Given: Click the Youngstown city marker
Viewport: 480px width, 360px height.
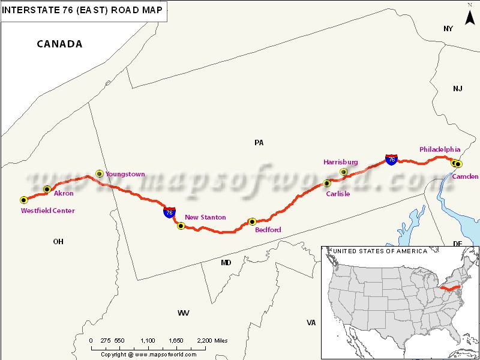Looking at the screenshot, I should point(100,173).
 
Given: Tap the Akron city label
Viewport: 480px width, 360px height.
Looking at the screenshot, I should point(64,194).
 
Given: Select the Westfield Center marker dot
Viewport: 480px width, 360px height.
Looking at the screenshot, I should point(23,200).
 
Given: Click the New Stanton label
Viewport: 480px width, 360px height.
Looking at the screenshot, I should point(205,217).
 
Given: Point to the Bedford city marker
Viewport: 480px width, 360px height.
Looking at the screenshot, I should point(252,222).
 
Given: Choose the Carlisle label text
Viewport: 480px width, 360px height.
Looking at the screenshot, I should point(338,194).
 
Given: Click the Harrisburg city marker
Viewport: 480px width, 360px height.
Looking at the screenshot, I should point(343,172).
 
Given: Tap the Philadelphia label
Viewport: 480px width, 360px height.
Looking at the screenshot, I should point(440,149).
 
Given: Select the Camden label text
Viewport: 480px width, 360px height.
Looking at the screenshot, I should point(465,176).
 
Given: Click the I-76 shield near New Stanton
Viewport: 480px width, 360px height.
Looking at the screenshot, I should point(169,212).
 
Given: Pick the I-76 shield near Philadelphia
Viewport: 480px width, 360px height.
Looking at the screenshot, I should point(391,159).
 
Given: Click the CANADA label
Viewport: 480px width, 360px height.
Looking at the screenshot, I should point(59,44).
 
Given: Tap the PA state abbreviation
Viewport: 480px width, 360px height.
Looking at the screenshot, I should point(259,143).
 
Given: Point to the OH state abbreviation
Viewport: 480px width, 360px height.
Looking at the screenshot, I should point(58,241).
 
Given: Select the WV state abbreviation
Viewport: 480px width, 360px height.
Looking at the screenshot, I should point(183,313).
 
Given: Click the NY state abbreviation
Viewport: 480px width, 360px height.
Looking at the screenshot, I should point(448,29).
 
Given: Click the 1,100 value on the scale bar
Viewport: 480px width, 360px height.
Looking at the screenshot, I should point(147,340).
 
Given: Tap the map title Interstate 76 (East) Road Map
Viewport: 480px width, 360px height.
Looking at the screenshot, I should point(83,10).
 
